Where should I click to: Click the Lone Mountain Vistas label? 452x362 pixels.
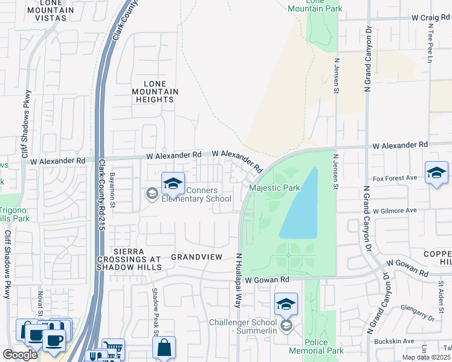(47, 11)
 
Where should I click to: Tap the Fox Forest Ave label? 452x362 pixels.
(395, 178)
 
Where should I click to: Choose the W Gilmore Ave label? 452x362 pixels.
(395, 211)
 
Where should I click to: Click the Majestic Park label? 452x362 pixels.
(275, 188)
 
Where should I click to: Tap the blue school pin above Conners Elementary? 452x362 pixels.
(173, 183)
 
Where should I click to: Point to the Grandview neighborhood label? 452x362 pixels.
(197, 257)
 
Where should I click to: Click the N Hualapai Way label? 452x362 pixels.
(239, 281)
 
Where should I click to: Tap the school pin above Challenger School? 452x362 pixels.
(286, 305)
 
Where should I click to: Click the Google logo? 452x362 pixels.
(20, 354)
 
